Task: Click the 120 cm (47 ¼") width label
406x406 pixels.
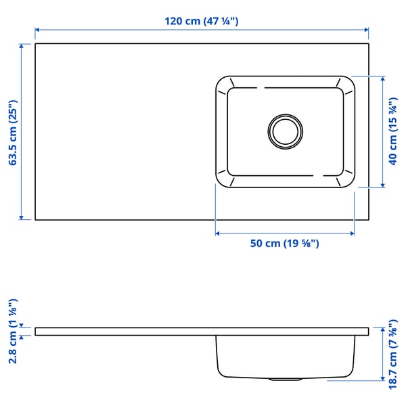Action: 201,21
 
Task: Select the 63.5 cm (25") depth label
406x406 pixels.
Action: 11,132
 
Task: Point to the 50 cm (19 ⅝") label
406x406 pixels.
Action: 284,244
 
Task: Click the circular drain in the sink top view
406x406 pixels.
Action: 285,130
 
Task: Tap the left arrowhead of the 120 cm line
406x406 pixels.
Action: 38,30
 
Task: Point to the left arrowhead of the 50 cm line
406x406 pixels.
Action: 219,233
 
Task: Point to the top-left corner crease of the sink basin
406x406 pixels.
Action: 229,84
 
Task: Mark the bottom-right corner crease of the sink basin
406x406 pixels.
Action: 340,177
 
